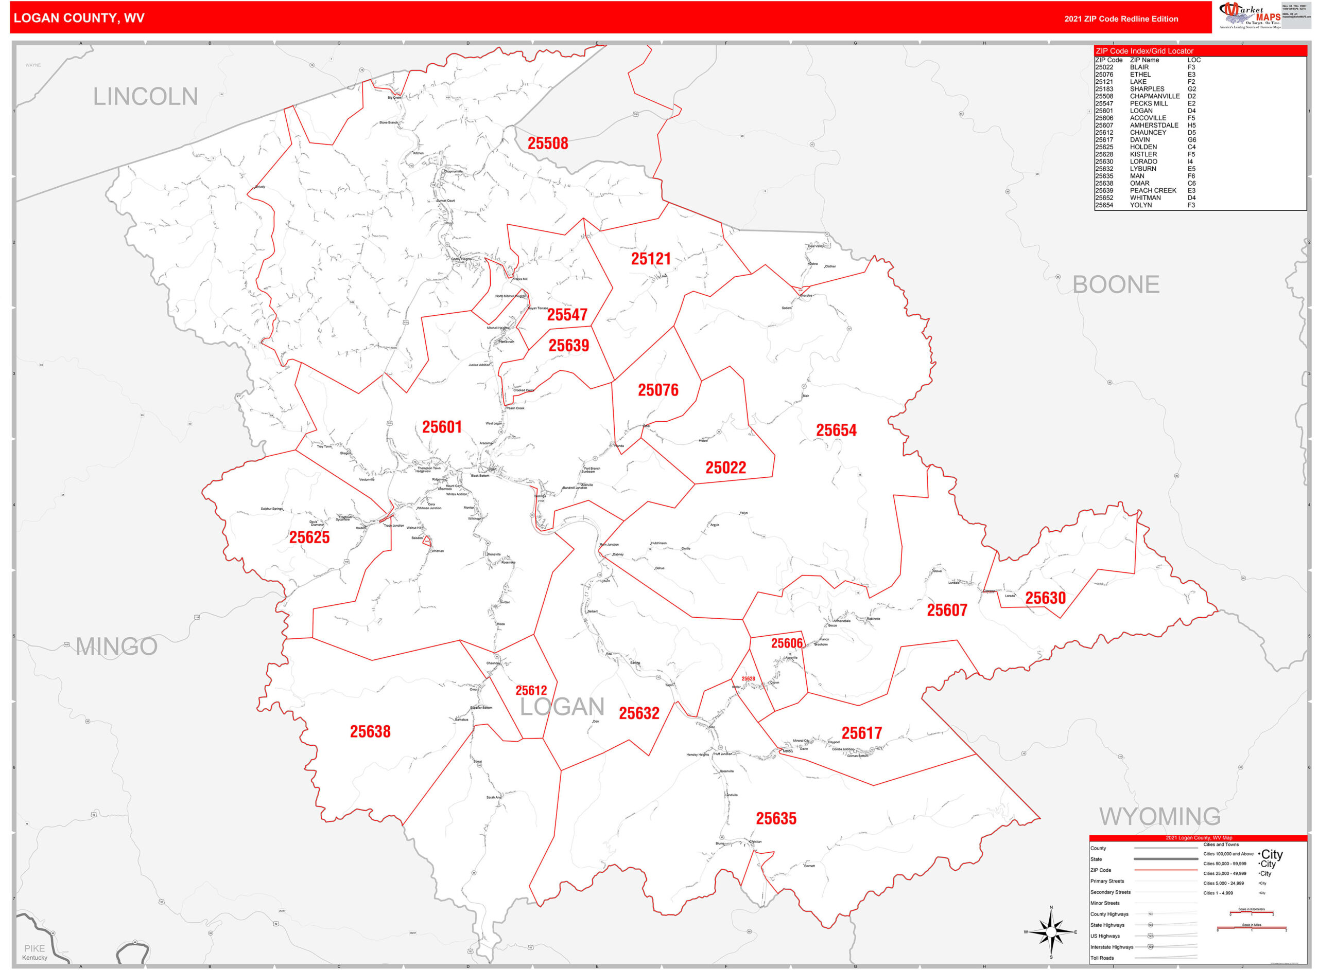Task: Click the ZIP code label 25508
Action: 547,143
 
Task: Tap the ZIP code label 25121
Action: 650,259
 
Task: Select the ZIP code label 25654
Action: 836,430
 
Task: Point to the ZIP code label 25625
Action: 309,537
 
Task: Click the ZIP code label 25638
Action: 370,731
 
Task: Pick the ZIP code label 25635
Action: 776,818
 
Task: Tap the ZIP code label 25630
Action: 1045,598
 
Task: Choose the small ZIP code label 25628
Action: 748,679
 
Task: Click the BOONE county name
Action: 1115,285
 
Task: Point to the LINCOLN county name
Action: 145,97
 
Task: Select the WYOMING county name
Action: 1159,816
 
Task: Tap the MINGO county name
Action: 116,646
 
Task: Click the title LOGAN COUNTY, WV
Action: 79,18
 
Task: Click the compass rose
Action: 1051,932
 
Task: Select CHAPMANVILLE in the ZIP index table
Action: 1154,96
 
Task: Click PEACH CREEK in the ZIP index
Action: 1152,190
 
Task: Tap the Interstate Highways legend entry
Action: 1111,946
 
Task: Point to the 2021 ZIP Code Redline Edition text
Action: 1121,19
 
